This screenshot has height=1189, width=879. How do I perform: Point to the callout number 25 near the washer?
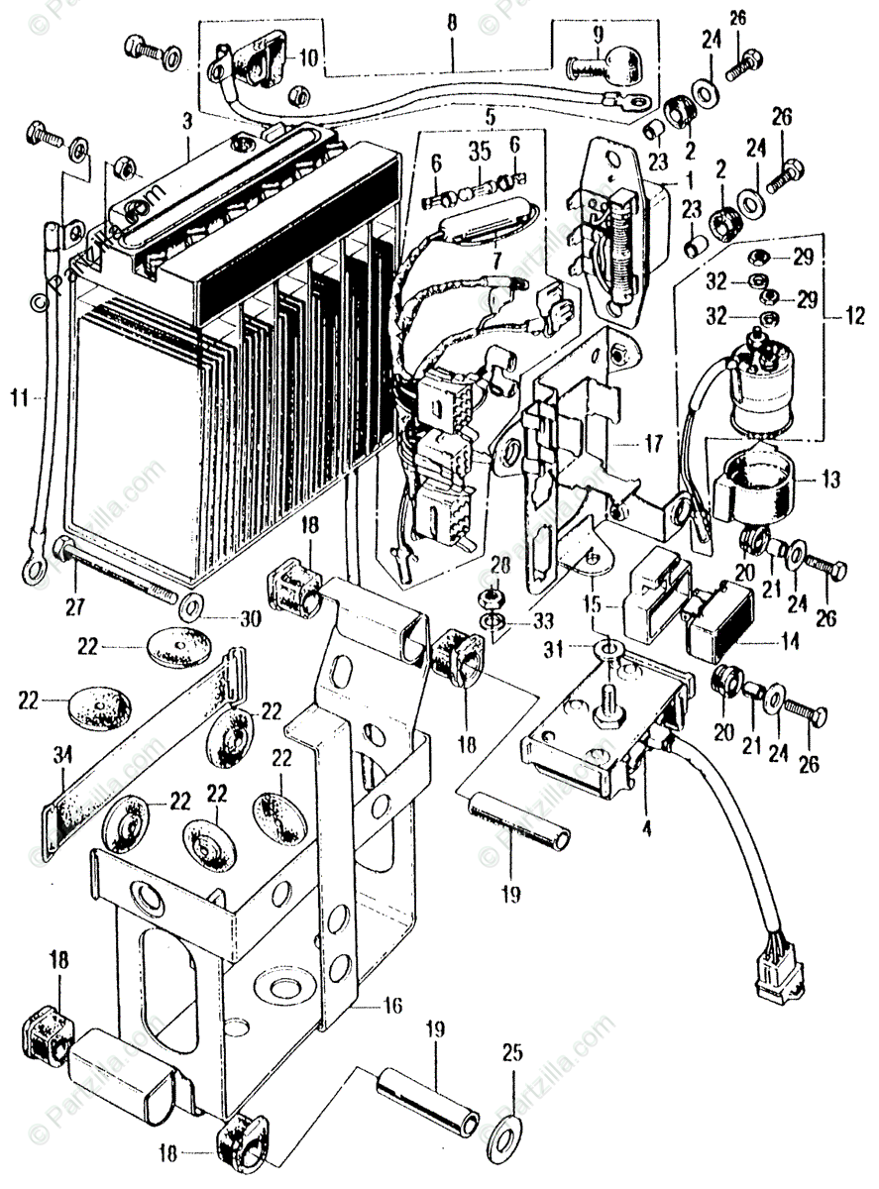511,1052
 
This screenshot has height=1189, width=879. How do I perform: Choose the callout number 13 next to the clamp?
829,480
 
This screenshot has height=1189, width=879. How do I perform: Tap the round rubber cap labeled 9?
604,65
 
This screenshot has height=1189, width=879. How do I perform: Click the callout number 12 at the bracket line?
855,318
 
